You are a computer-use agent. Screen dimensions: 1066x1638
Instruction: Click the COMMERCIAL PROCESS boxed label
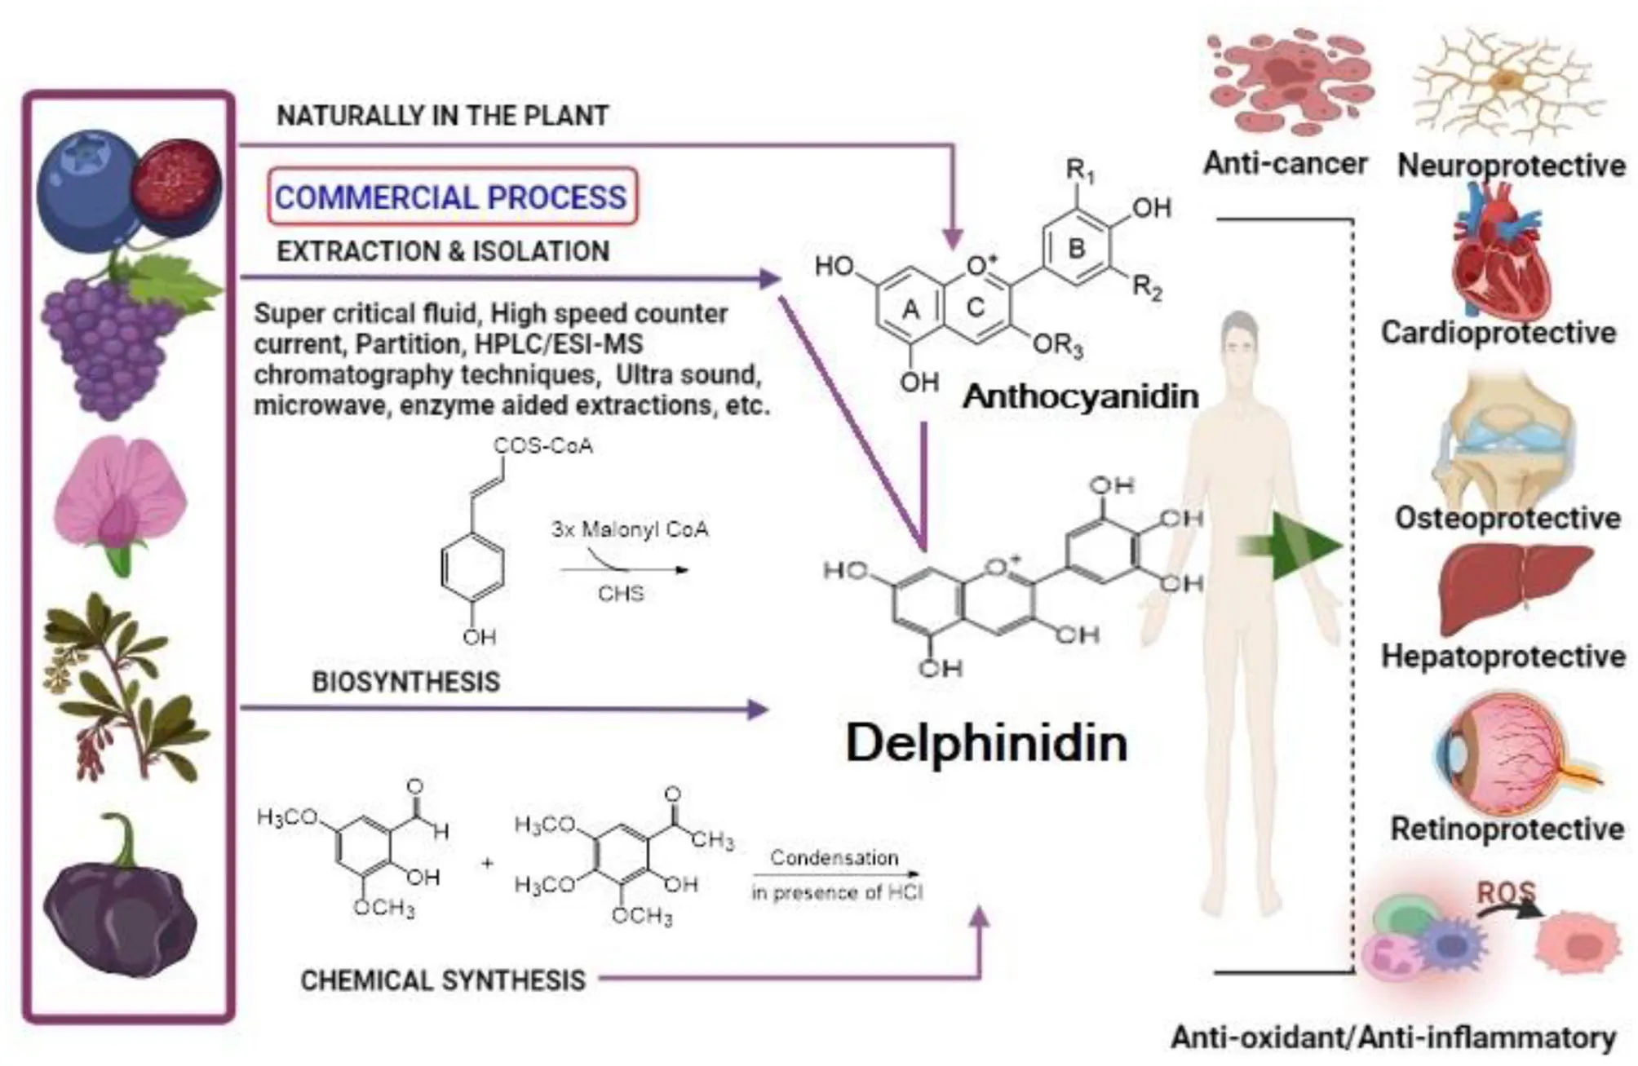click(x=451, y=197)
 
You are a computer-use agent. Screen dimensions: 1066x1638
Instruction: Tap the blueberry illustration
click(x=90, y=184)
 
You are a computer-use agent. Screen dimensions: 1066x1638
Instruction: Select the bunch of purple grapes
click(x=110, y=343)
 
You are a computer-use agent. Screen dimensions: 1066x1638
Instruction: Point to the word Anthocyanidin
click(x=1081, y=397)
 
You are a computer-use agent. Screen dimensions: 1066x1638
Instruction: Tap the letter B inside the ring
click(x=1076, y=248)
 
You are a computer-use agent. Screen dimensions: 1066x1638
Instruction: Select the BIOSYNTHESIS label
click(x=405, y=682)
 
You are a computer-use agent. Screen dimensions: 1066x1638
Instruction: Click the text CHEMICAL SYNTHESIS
click(x=443, y=980)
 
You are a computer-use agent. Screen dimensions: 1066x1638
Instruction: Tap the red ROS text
click(x=1506, y=893)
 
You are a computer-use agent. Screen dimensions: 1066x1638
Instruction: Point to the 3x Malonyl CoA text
click(x=629, y=529)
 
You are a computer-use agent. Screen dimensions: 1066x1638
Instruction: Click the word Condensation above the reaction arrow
click(x=834, y=858)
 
